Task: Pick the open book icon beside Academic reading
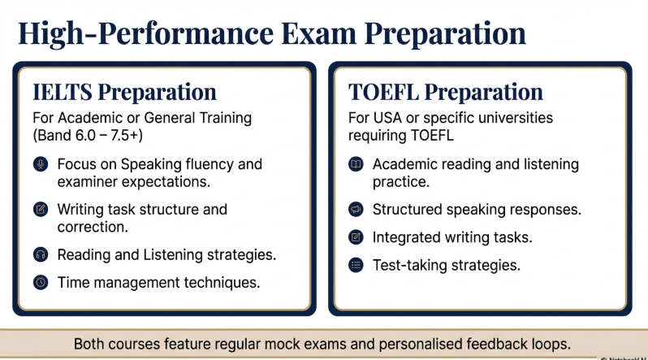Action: click(x=356, y=164)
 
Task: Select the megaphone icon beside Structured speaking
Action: click(x=356, y=210)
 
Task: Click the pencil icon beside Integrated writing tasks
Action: click(x=356, y=237)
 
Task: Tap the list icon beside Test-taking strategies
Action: click(x=356, y=265)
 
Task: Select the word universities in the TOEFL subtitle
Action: click(x=512, y=118)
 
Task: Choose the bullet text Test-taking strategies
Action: click(x=446, y=265)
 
